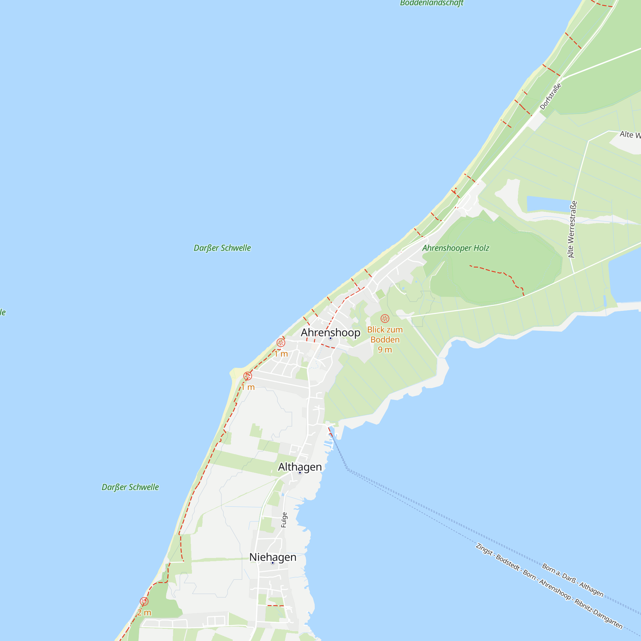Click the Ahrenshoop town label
[x=330, y=332]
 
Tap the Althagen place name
[x=300, y=467]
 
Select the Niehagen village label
[x=273, y=557]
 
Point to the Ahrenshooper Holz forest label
[x=455, y=248]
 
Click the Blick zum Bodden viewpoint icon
[x=385, y=319]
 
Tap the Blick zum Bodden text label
[x=385, y=334]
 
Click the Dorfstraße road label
[x=550, y=96]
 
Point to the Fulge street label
[x=284, y=520]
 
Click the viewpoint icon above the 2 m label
[x=144, y=601]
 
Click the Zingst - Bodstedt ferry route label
[x=549, y=586]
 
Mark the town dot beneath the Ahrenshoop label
[x=330, y=338]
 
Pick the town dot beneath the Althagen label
[x=300, y=473]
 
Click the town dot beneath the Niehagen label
[x=273, y=563]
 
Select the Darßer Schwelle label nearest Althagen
[x=130, y=487]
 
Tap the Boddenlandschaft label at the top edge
[x=431, y=3]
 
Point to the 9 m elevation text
[x=385, y=350]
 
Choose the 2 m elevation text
[x=144, y=612]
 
